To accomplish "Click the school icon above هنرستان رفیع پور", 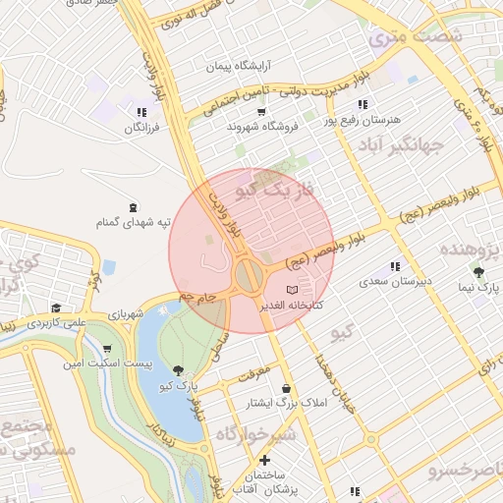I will [x=363, y=103].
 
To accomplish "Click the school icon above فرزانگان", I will [x=142, y=112].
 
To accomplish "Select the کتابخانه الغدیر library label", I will [x=292, y=306].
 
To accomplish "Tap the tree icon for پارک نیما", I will [x=478, y=272].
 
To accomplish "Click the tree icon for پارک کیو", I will [x=178, y=369].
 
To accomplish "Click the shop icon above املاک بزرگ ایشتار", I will [x=286, y=388].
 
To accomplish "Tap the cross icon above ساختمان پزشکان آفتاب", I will [x=263, y=460].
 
